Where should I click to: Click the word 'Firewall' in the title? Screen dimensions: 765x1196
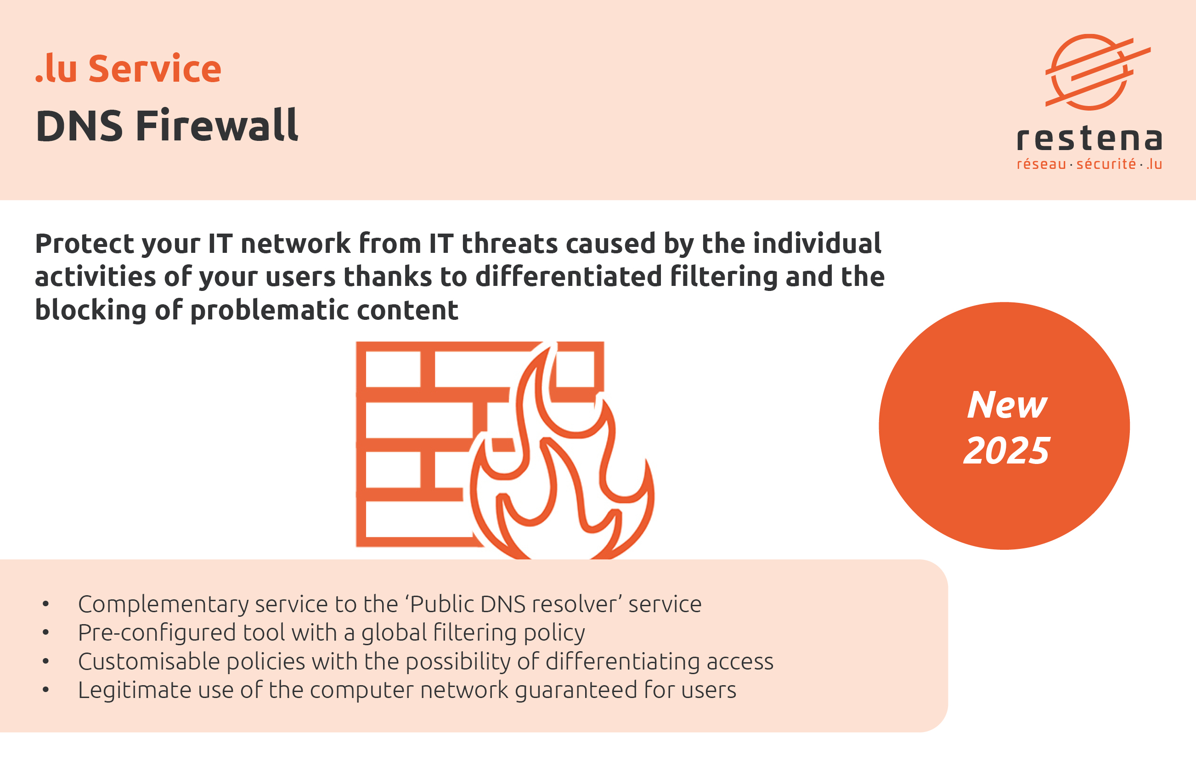coord(217,126)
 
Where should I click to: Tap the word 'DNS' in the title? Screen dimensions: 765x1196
coord(79,126)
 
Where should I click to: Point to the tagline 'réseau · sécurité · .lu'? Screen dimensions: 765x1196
coord(1089,164)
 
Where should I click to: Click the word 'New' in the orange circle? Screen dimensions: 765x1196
coord(1007,405)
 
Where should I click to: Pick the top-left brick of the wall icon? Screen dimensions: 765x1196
coord(393,369)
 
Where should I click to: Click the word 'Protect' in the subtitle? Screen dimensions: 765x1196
coord(84,244)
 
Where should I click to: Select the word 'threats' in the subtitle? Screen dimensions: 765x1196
coord(509,244)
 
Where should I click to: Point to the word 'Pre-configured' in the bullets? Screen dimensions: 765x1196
coord(157,633)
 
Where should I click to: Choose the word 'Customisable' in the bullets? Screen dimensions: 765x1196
coord(149,662)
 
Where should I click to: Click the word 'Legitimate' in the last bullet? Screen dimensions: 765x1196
coord(134,690)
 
